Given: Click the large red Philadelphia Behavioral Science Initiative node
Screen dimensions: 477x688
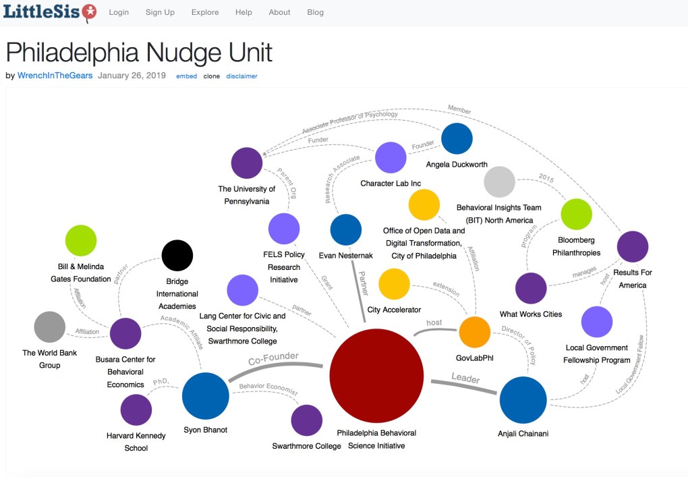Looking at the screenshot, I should click(x=376, y=376).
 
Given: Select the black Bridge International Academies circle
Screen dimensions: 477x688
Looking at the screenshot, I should click(x=177, y=256).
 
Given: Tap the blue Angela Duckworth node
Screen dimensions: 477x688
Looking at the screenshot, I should click(x=457, y=138).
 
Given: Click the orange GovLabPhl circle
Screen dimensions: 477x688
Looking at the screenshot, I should click(x=475, y=332).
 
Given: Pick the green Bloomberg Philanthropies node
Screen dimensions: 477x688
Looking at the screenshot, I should click(x=576, y=214).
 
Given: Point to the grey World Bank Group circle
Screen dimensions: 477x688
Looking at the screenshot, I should click(x=50, y=327).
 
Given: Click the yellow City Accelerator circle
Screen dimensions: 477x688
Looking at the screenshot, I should click(x=395, y=283).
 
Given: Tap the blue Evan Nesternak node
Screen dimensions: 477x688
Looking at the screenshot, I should click(x=346, y=229).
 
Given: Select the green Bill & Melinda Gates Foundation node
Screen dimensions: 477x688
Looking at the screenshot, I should click(x=80, y=241).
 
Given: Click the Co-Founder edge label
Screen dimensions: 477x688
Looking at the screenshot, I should click(x=273, y=360).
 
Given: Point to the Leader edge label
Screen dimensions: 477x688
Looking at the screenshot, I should click(x=465, y=379).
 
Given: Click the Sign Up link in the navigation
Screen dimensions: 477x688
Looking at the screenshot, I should click(x=160, y=12).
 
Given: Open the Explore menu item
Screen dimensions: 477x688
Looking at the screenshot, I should click(x=205, y=12).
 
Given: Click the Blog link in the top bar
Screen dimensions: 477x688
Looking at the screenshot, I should click(x=315, y=12).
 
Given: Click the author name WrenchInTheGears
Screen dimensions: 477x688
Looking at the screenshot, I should click(x=55, y=76).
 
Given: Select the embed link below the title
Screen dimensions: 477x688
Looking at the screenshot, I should click(x=187, y=76).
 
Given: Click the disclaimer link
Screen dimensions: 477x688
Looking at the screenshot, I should click(x=241, y=76).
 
